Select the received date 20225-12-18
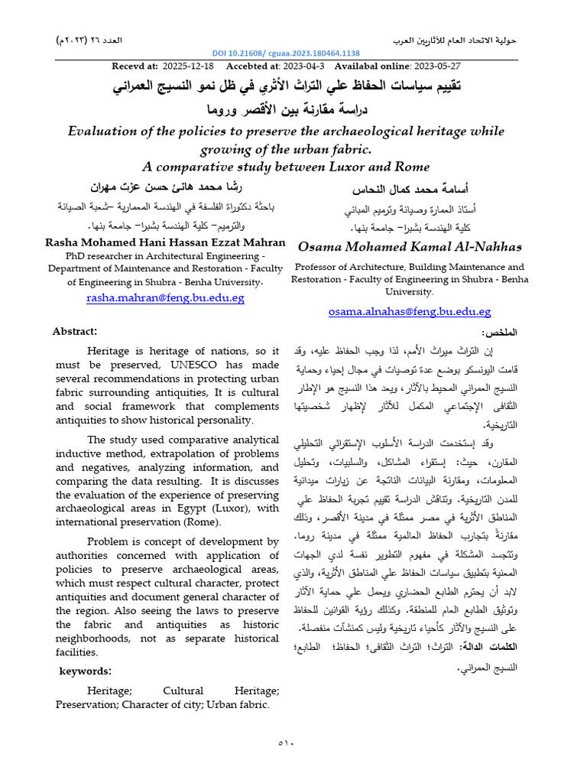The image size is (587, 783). click(190, 67)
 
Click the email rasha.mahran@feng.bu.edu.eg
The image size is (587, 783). click(166, 297)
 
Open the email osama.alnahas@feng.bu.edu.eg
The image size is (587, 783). click(410, 311)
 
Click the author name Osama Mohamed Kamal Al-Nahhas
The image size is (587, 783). click(410, 246)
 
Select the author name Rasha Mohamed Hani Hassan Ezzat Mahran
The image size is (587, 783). click(166, 242)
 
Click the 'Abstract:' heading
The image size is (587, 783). click(74, 331)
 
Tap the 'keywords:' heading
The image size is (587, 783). click(86, 671)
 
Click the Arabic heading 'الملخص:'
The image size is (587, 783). click(500, 333)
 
